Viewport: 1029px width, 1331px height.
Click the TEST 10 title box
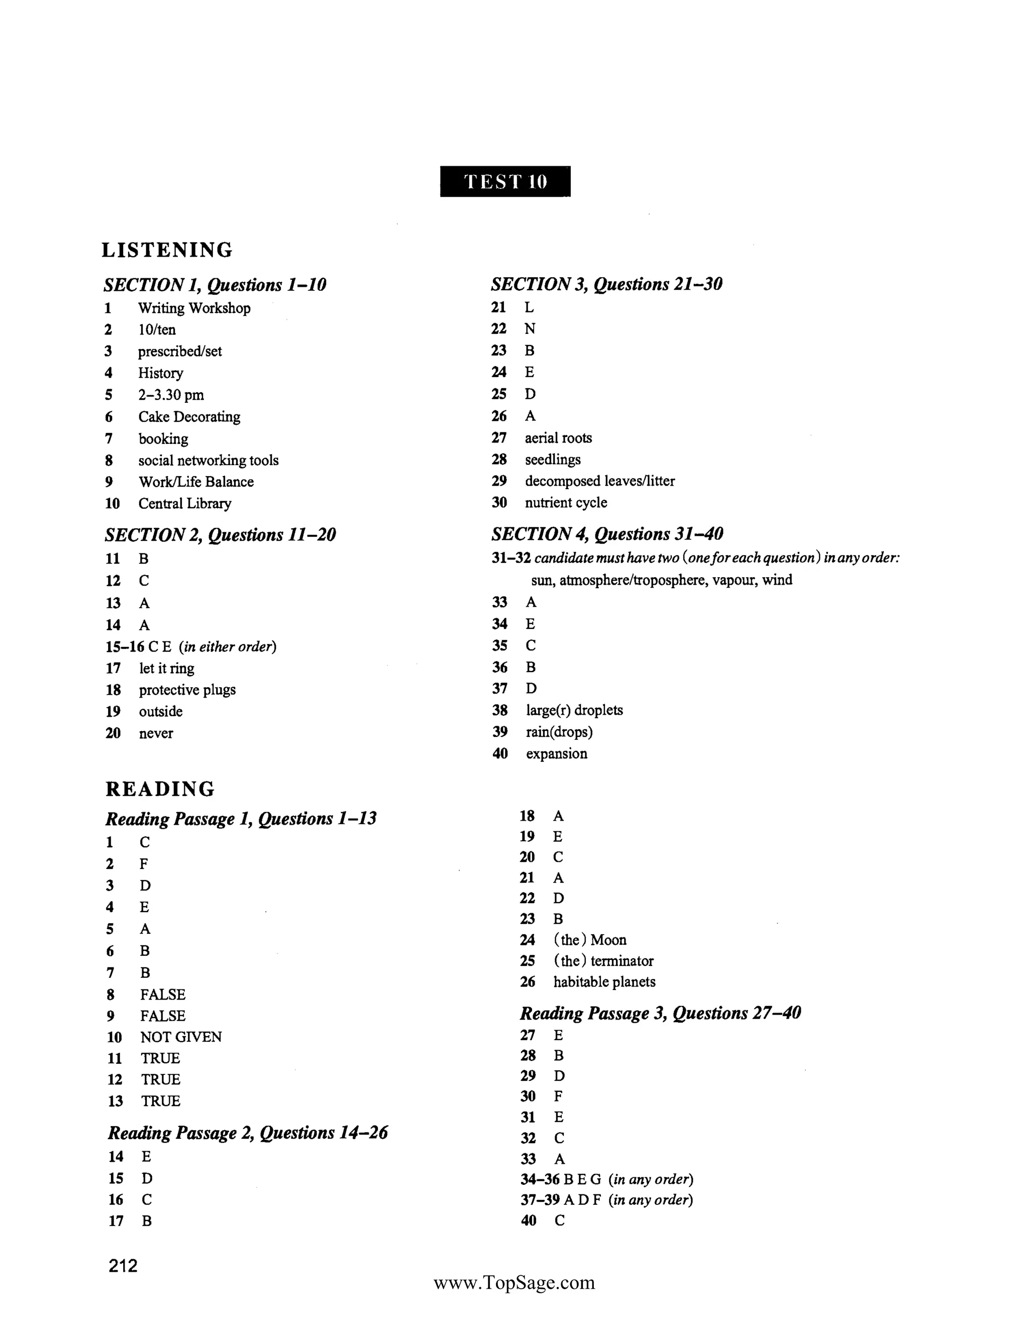[x=505, y=182]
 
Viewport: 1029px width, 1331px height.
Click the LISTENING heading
[x=167, y=250]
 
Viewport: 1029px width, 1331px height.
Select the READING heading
[x=160, y=789]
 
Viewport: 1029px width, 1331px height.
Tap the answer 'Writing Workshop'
[x=194, y=308]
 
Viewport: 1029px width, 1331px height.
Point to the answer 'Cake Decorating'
[x=189, y=417]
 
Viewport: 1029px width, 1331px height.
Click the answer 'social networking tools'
[x=208, y=460]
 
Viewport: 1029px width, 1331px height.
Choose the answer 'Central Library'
[x=185, y=503]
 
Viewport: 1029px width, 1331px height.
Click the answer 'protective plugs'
[x=187, y=690]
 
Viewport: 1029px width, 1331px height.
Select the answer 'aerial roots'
[x=558, y=437]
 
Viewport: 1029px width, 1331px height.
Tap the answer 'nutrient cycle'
[x=566, y=503]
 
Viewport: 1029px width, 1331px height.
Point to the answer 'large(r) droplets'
[x=574, y=710]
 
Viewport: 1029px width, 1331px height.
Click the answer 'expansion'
[x=557, y=754]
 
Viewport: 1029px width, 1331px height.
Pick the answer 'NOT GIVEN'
[x=181, y=1037]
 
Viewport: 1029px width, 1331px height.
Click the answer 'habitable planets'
[x=604, y=982]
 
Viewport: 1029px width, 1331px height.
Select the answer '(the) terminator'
[x=603, y=961]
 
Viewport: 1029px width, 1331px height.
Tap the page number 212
[x=123, y=1266]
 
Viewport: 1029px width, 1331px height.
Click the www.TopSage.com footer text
[x=514, y=1283]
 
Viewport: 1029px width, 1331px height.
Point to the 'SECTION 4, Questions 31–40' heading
[x=607, y=534]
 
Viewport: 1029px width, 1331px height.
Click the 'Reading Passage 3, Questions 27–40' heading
[x=660, y=1014]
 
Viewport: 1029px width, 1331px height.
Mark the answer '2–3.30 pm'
[x=171, y=395]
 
